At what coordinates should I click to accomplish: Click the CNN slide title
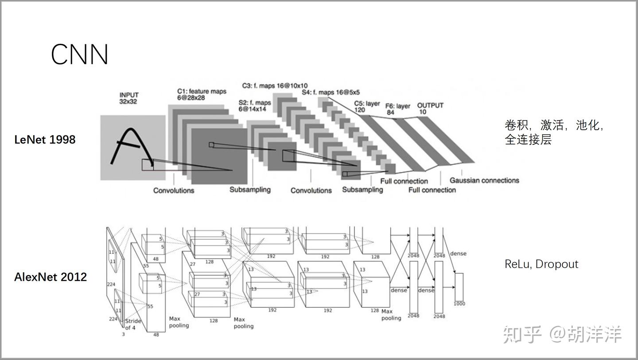(79, 54)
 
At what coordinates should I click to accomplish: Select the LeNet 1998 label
(45, 139)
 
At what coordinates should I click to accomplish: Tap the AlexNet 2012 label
(51, 277)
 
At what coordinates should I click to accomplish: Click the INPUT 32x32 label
(129, 98)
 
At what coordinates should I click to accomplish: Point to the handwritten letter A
(132, 146)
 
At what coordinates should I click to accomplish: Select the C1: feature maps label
(202, 94)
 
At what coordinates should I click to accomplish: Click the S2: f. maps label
(255, 105)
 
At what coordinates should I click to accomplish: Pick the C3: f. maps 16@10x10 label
(275, 85)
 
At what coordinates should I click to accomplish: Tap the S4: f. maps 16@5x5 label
(331, 92)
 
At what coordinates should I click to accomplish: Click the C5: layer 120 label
(367, 106)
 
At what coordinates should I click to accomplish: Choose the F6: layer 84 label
(397, 109)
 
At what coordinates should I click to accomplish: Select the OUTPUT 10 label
(430, 108)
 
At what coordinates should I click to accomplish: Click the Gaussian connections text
(484, 180)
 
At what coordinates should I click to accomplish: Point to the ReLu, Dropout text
(541, 264)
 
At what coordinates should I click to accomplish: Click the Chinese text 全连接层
(528, 139)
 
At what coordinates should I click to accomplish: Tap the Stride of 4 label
(133, 324)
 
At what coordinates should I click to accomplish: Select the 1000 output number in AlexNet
(459, 304)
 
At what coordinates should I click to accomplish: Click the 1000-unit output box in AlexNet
(459, 287)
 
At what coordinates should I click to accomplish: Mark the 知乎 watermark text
(522, 334)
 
